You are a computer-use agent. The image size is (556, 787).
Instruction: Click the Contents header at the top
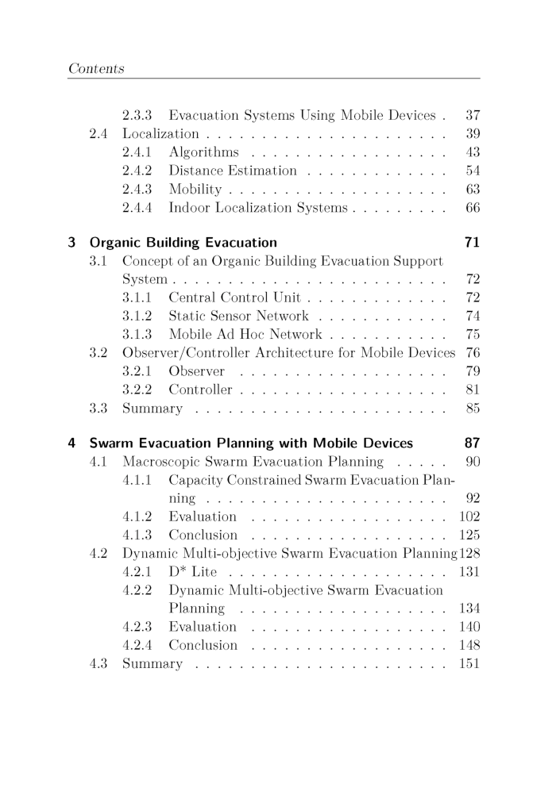pos(96,69)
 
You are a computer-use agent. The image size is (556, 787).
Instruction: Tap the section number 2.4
pos(100,133)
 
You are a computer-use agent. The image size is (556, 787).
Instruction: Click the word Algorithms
pos(203,152)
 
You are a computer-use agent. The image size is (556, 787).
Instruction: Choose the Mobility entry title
pos(195,190)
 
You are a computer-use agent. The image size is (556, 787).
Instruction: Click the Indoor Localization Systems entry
pos(258,208)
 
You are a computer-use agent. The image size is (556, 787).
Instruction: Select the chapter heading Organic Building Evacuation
pos(183,242)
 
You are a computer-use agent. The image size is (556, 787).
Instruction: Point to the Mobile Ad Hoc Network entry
pos(245,335)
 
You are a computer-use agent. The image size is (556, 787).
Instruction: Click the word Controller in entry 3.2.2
pos(200,390)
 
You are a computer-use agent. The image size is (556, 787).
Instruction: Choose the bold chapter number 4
pos(72,443)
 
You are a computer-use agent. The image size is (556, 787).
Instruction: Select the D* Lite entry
pos(193,571)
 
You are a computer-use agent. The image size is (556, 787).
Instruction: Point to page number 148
pos(469,645)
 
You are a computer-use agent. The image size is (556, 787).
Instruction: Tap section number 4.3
pos(100,664)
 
